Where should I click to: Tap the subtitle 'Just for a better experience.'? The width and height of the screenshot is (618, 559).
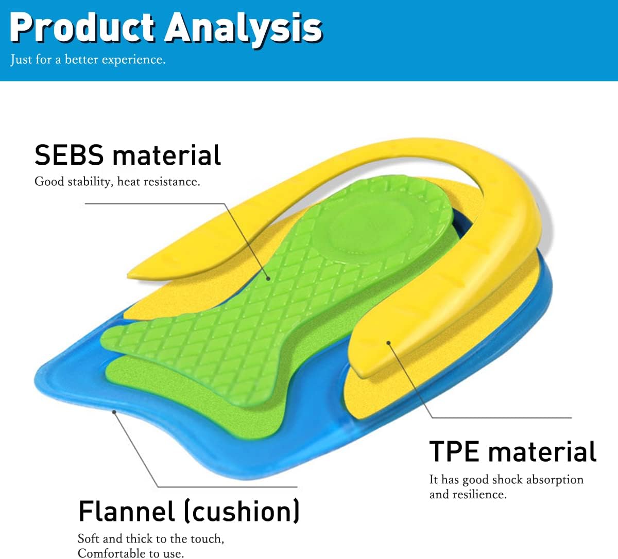click(88, 60)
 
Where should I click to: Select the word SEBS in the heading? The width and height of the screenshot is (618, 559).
click(69, 155)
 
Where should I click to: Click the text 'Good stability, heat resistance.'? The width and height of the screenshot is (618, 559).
click(117, 182)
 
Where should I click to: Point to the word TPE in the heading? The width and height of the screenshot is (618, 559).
click(454, 451)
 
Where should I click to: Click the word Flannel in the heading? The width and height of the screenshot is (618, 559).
click(127, 512)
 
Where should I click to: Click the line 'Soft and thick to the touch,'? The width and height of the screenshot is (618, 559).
click(151, 538)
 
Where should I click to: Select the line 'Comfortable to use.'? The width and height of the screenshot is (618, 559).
click(130, 553)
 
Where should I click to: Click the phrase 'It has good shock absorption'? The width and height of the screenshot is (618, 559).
click(506, 480)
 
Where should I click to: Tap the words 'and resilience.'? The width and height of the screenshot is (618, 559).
click(468, 495)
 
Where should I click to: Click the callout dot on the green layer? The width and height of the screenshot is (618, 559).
click(268, 278)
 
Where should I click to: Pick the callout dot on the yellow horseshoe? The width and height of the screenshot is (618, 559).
click(389, 342)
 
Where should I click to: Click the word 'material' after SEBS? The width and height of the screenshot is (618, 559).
click(166, 155)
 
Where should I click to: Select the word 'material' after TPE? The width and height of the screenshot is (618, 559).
click(542, 451)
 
